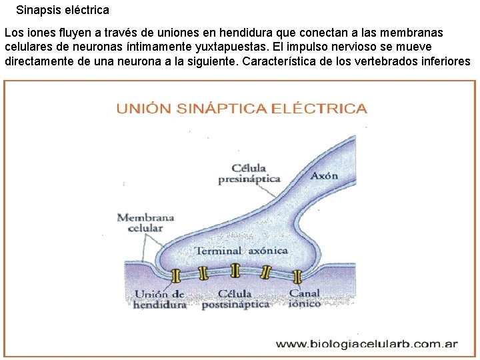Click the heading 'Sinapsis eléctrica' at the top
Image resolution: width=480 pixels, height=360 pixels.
tap(63, 11)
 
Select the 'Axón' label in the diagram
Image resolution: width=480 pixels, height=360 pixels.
tap(324, 176)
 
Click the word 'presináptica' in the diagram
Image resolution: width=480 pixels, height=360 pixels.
tap(249, 179)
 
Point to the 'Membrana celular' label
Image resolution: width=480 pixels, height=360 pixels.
tap(145, 223)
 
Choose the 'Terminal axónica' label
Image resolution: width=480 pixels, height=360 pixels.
tap(241, 251)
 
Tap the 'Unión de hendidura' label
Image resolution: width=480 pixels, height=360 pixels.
tap(160, 299)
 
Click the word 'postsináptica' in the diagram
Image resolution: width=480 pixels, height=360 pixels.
tap(235, 304)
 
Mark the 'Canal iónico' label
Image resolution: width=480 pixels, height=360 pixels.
tap(305, 298)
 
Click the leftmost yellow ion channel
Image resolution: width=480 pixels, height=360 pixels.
tap(177, 275)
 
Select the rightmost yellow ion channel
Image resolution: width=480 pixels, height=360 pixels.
tap(297, 275)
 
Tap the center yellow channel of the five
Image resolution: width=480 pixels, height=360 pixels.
tap(235, 270)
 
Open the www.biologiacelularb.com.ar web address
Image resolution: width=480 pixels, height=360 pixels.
tap(367, 345)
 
